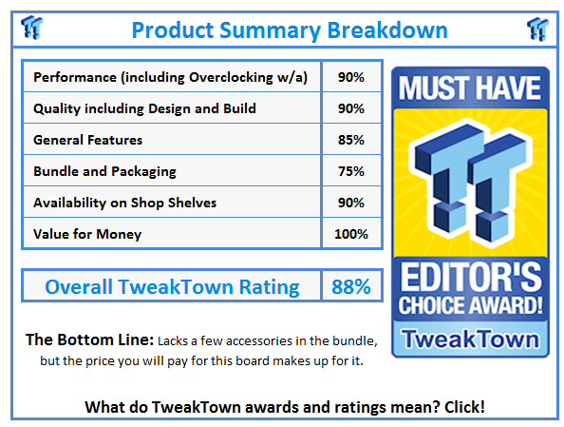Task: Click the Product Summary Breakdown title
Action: click(289, 29)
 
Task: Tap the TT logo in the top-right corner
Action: click(538, 28)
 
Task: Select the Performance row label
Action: click(170, 77)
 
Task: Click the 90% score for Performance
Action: click(350, 77)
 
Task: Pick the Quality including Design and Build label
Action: click(144, 108)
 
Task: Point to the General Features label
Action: click(87, 140)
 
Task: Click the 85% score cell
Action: click(350, 140)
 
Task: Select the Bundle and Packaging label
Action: click(104, 171)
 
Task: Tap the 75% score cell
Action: click(350, 171)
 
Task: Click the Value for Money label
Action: click(87, 233)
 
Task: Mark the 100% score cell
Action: click(350, 233)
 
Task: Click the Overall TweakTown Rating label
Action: click(172, 286)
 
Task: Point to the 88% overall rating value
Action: click(349, 286)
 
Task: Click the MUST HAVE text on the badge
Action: click(471, 89)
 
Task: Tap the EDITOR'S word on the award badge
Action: click(471, 282)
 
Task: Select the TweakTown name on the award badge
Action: click(471, 340)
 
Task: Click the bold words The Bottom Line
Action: click(89, 340)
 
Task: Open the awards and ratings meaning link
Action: click(285, 406)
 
